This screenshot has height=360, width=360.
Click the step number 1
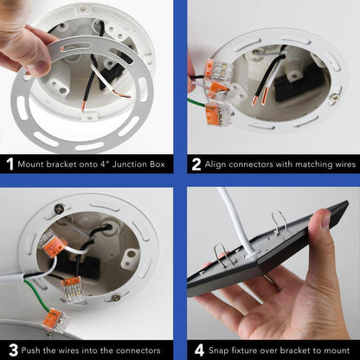10,164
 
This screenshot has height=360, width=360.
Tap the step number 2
196,164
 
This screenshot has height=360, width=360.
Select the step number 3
13,350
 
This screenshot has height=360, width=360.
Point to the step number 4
199,350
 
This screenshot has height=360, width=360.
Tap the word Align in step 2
215,164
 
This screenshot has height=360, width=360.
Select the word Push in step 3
31,350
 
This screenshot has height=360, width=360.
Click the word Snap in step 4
219,350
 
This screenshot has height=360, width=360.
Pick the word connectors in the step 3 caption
138,350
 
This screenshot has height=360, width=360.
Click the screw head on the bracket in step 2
335,97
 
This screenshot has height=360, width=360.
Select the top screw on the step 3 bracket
59,208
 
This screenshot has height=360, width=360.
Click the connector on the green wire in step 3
55,321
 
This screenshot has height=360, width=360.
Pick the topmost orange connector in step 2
214,70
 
